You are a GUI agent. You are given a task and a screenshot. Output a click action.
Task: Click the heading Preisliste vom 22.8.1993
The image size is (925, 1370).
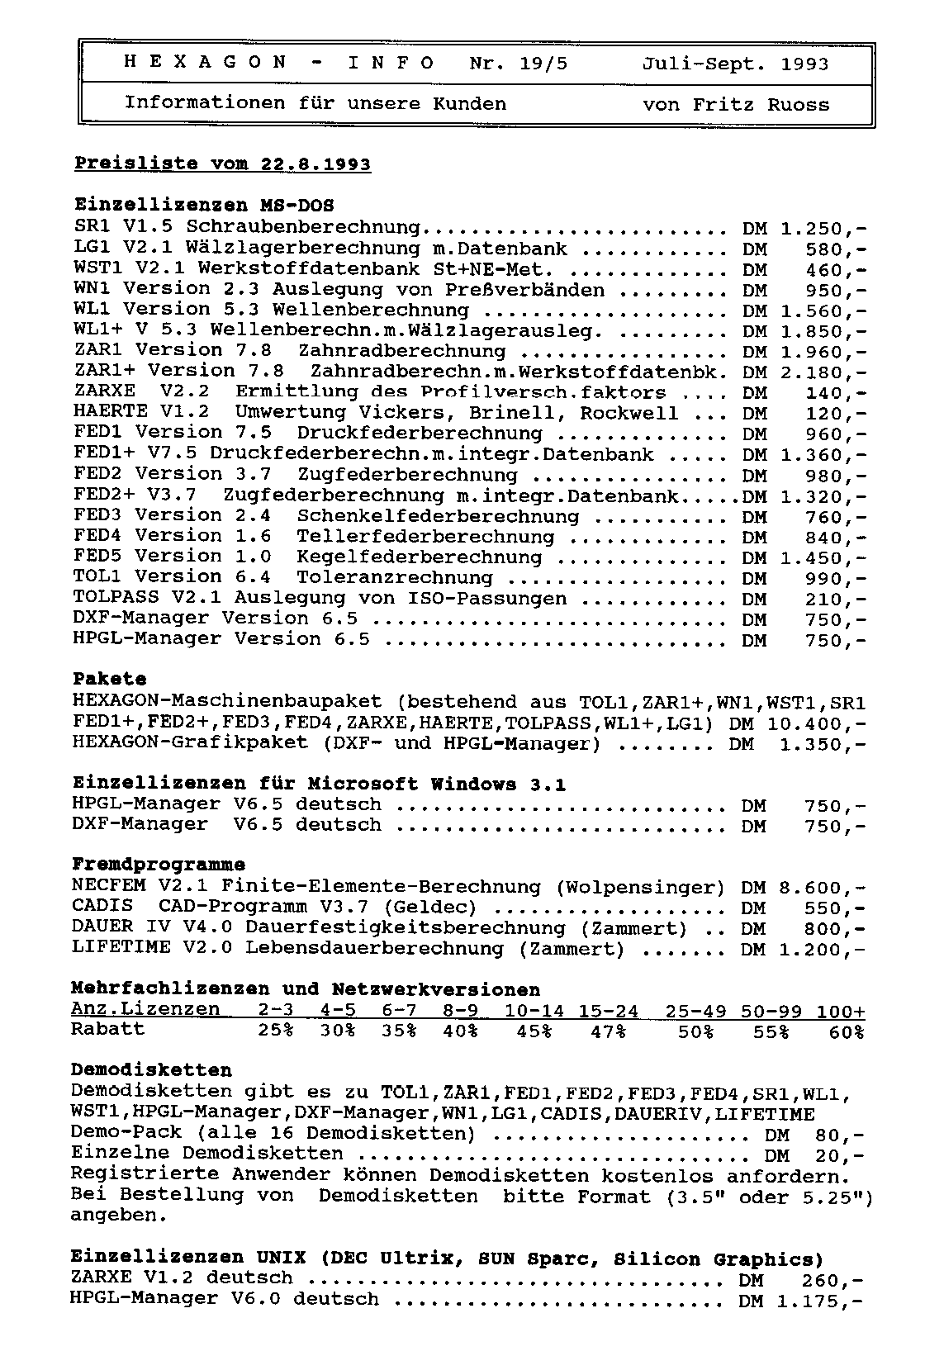[222, 164]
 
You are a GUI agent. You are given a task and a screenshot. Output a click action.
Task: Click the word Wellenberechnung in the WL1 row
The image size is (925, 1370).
[370, 311]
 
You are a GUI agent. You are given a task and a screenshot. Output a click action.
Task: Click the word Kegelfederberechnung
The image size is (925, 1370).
[419, 557]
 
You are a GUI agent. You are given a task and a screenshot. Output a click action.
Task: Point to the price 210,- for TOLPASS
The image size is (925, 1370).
[836, 600]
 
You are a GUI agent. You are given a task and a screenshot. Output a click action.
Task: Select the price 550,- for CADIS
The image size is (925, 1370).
[836, 908]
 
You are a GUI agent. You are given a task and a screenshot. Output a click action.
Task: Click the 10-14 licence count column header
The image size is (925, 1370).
[534, 1011]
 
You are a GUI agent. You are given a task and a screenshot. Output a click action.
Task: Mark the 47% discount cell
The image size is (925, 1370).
[608, 1031]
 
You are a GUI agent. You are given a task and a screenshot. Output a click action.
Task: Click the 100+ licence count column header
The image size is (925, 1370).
[842, 1011]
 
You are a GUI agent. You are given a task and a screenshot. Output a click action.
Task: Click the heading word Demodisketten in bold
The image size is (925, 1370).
[151, 1071]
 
